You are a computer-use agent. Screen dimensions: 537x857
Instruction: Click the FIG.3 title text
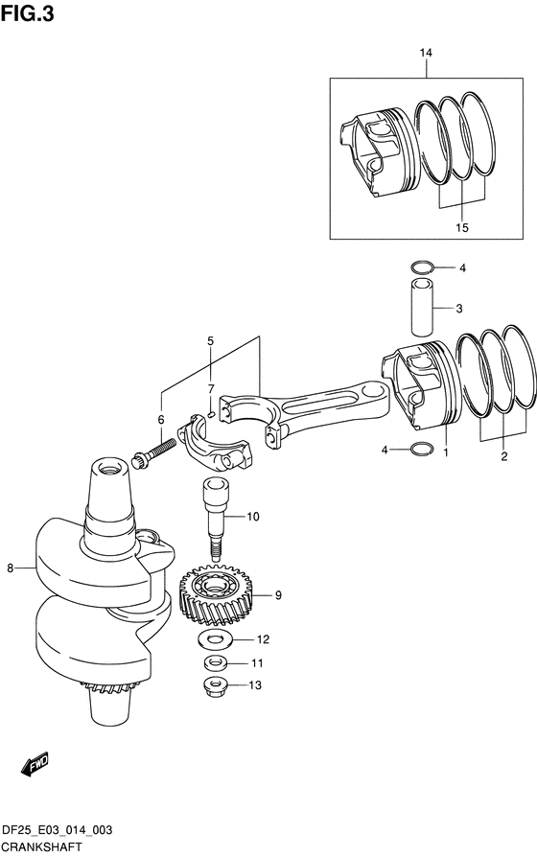pyautogui.click(x=28, y=13)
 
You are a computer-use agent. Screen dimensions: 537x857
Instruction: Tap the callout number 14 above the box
pyautogui.click(x=426, y=53)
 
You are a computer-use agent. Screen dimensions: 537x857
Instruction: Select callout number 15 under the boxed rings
pyautogui.click(x=462, y=227)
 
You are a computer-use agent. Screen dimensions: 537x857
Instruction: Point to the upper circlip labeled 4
pyautogui.click(x=422, y=266)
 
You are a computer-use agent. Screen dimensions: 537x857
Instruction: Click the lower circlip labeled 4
pyautogui.click(x=422, y=449)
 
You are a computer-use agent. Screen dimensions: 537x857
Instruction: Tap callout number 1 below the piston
pyautogui.click(x=446, y=453)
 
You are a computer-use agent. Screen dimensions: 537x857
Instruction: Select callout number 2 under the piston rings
pyautogui.click(x=503, y=456)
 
